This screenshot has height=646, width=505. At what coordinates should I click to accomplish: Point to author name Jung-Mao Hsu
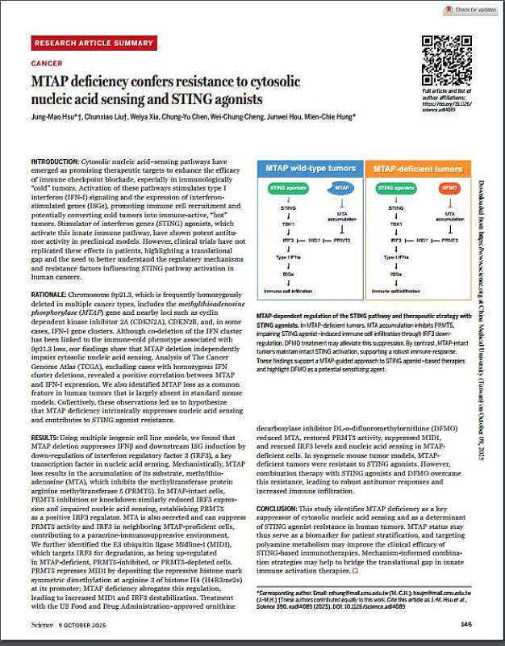point(55,116)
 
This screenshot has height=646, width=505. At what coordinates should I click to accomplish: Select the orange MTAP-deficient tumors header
point(413,170)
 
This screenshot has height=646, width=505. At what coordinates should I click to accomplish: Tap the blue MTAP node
point(340,189)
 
